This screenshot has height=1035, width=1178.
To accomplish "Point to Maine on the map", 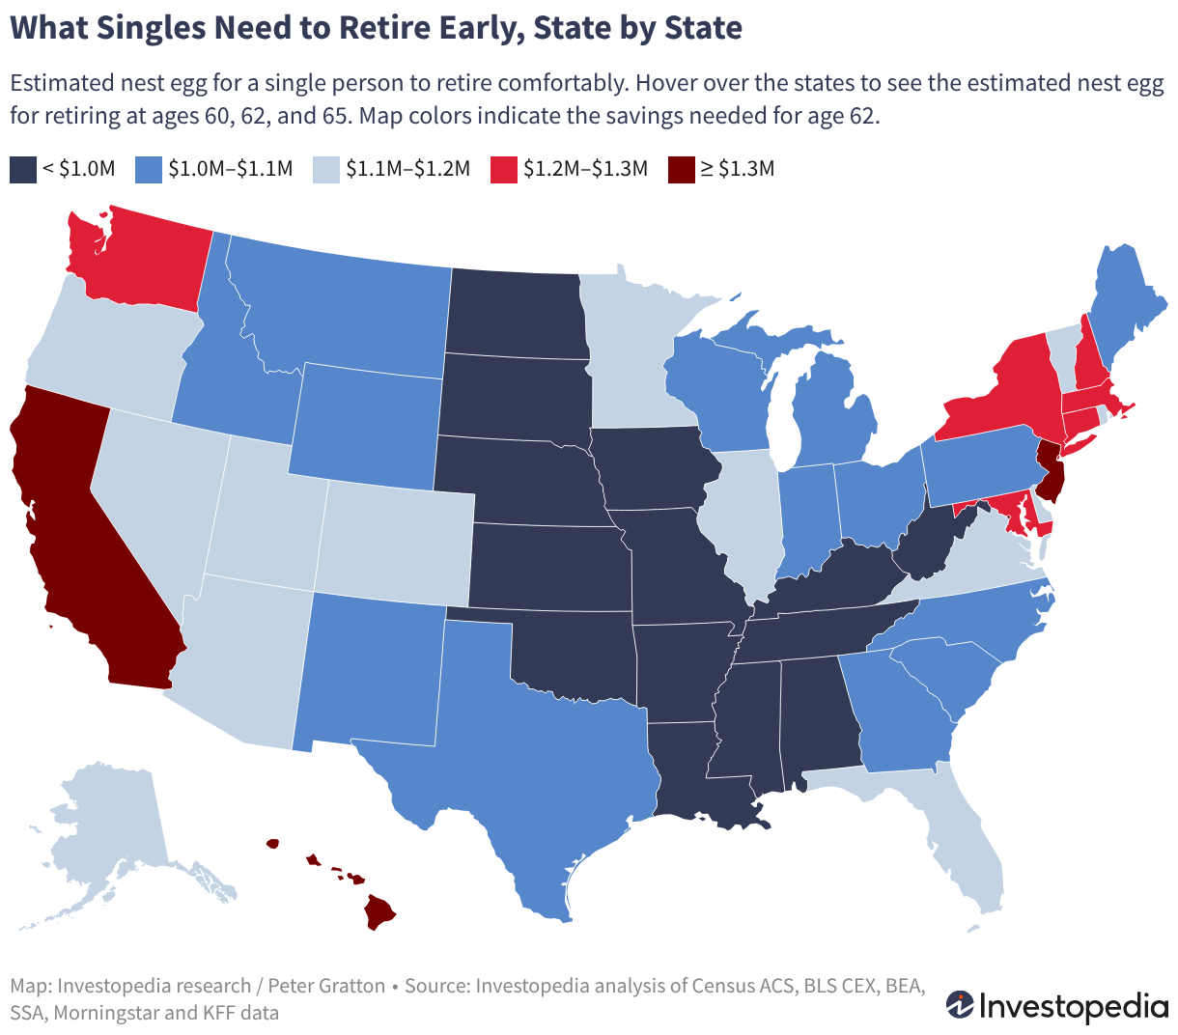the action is coord(1125,302).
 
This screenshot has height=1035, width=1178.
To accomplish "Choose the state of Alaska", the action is coord(110,837).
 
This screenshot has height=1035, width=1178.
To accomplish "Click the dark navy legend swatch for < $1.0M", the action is coord(23,170).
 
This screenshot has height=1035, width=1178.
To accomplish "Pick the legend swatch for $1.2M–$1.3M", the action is coord(503,170).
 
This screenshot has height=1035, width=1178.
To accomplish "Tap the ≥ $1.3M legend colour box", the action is coord(681,170).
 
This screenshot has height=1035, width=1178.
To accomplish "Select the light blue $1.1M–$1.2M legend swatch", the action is coord(326,170).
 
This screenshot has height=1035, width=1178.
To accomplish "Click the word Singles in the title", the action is coord(151,28).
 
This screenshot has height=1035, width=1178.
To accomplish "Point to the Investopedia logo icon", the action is coord(959,1005).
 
